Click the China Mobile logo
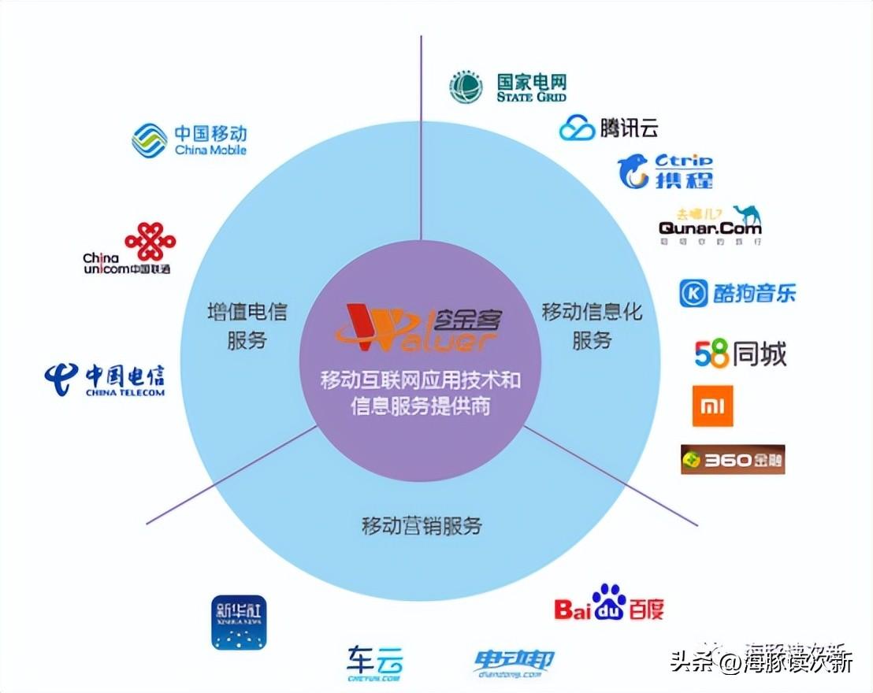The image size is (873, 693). pyautogui.click(x=189, y=139)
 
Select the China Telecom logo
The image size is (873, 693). pyautogui.click(x=105, y=379)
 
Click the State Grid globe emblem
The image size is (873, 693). pyautogui.click(x=466, y=87)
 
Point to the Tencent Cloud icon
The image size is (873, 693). pyautogui.click(x=577, y=127)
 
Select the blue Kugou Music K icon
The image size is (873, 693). pyautogui.click(x=693, y=293)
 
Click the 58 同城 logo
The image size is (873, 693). pyautogui.click(x=740, y=354)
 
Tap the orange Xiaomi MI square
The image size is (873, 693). pyautogui.click(x=712, y=406)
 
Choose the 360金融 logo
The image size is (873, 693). pyautogui.click(x=733, y=459)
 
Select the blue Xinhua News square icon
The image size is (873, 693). pyautogui.click(x=240, y=622)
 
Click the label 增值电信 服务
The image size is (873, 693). pyautogui.click(x=247, y=324)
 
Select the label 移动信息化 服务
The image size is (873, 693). pyautogui.click(x=592, y=324)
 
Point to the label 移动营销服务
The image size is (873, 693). pyautogui.click(x=422, y=525)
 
